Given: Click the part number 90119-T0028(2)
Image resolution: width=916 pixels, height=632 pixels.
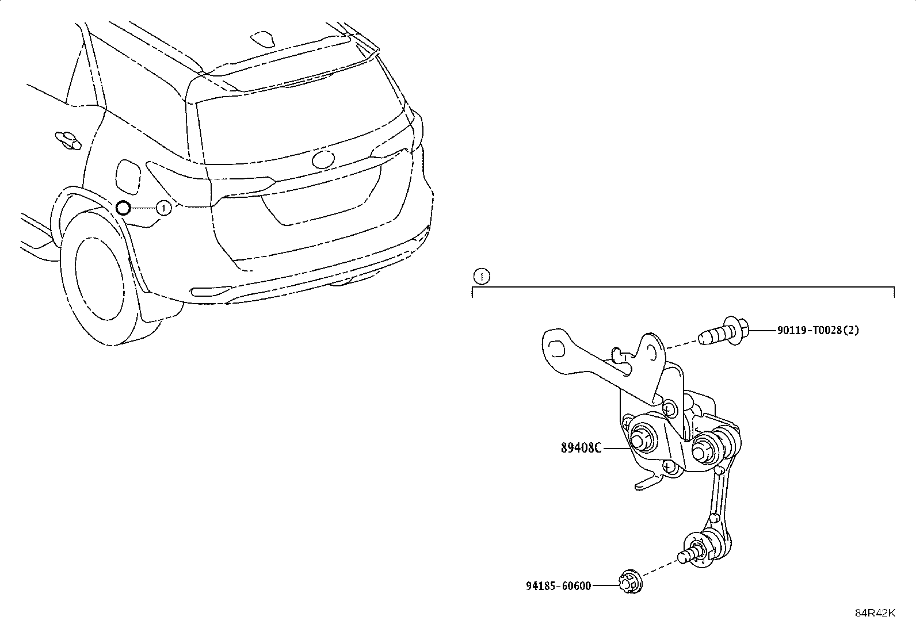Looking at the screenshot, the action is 818,330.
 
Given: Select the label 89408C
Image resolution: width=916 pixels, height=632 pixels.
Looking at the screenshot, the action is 581,449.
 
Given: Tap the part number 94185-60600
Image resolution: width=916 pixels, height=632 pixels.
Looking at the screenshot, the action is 559,586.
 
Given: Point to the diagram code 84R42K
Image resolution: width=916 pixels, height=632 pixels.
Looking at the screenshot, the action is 875,613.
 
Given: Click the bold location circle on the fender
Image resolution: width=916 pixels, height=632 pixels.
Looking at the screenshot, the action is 123,208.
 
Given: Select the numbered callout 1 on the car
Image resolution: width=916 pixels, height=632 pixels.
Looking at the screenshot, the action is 163,208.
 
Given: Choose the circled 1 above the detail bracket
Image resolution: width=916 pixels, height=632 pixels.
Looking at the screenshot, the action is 482,277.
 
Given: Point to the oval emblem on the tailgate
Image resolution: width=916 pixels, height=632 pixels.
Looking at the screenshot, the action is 323,160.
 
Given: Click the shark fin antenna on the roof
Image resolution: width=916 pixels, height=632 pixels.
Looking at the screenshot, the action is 262,38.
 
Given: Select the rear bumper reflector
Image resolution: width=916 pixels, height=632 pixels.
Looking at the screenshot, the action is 211,290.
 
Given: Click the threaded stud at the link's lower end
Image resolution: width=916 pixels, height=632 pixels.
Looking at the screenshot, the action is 688,556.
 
